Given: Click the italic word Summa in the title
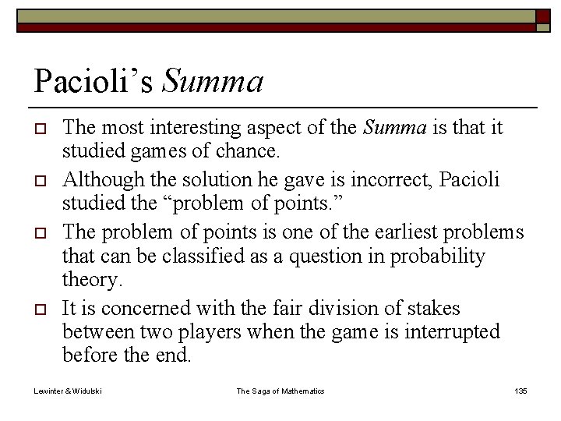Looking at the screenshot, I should pyautogui.click(x=213, y=80).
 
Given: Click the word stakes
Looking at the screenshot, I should pyautogui.click(x=434, y=309).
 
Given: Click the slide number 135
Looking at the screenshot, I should pyautogui.click(x=520, y=390).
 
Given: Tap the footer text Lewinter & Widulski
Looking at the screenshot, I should pyautogui.click(x=67, y=390).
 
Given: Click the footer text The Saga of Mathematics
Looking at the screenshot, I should pyautogui.click(x=280, y=390).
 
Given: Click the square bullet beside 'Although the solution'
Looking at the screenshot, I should pyautogui.click(x=40, y=180).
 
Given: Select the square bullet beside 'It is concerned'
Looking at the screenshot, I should pyautogui.click(x=40, y=310).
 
